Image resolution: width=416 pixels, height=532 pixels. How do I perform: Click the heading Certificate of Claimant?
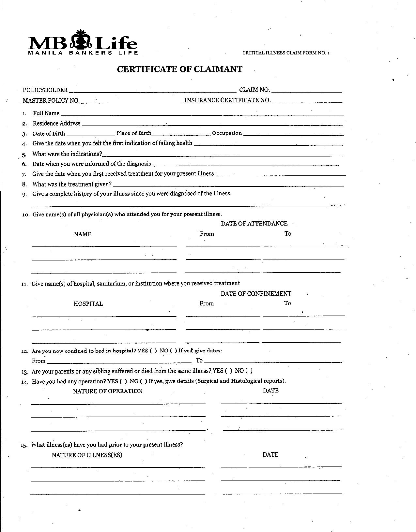(x=179, y=69)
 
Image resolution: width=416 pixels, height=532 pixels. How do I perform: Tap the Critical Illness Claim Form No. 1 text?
(x=286, y=53)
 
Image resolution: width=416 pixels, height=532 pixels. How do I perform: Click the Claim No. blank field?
(x=307, y=91)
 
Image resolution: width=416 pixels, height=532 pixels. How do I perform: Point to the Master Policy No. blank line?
(x=131, y=102)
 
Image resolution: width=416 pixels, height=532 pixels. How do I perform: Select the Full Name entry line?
(x=202, y=114)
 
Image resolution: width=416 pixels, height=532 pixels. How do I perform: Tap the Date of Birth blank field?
(x=90, y=135)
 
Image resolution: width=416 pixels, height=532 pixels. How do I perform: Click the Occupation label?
(x=227, y=133)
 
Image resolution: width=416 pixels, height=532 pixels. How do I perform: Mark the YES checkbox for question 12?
(x=153, y=351)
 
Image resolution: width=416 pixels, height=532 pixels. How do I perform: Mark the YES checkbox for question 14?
(x=123, y=381)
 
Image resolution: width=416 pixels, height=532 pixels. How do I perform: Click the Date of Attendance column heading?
(x=254, y=224)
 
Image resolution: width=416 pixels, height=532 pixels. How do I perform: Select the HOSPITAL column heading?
(x=88, y=304)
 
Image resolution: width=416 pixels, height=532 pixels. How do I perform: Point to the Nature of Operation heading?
(x=108, y=391)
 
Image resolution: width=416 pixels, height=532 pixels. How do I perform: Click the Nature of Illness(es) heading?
(x=87, y=455)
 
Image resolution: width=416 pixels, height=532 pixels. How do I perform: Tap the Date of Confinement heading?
(x=256, y=294)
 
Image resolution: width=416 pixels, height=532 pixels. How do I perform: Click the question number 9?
(x=24, y=195)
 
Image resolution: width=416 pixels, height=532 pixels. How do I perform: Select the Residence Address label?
(x=56, y=123)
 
